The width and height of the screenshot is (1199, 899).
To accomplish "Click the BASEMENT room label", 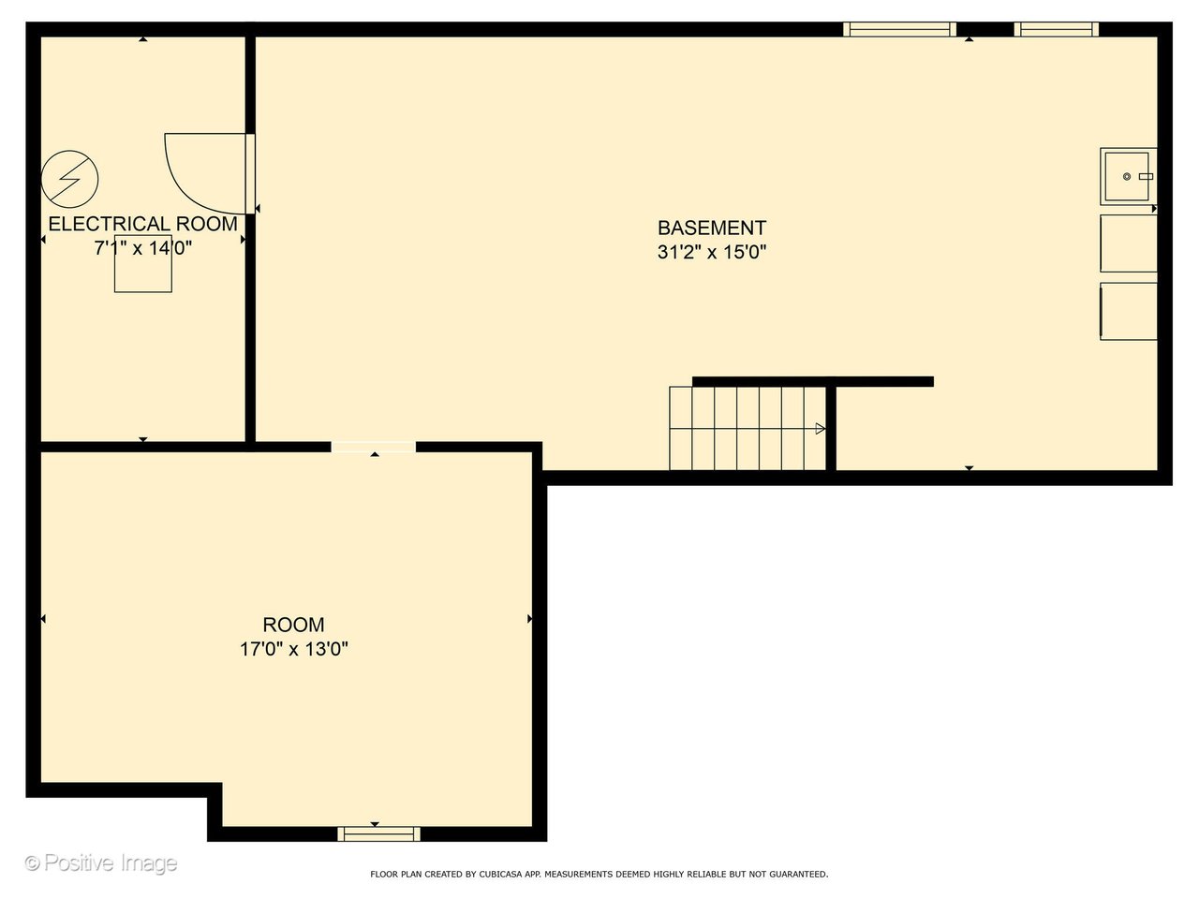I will pos(711,228).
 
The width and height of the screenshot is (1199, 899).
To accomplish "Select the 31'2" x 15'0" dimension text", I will pos(711,252).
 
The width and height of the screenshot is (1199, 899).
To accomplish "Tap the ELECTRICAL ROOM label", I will pos(142,224).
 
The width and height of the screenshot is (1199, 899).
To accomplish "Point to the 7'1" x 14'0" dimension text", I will pos(142,248).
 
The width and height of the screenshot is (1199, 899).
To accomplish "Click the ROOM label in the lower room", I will pos(293,625).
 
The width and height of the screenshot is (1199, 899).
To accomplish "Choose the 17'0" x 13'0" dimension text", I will pos(293,649).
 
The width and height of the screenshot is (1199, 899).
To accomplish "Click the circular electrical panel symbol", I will pos(69,178).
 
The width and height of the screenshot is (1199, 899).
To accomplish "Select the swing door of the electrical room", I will pos(206,173).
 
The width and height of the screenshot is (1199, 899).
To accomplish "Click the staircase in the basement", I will pos(747,428).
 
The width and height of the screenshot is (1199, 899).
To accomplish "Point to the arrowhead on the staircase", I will pos(821,429).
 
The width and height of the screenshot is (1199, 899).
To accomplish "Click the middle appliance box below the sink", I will pos(1128,243).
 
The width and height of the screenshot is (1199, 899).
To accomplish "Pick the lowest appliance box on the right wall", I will pos(1128,311).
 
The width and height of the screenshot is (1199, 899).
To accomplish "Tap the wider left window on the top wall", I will pos(899,30).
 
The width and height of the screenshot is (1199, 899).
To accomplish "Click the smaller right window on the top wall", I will pos(1056,30).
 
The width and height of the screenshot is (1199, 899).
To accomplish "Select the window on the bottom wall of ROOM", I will pos(378,833).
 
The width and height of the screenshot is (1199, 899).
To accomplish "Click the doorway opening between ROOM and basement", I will pos(373,447).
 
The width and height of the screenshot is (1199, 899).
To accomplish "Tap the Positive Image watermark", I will pos(100,862).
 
